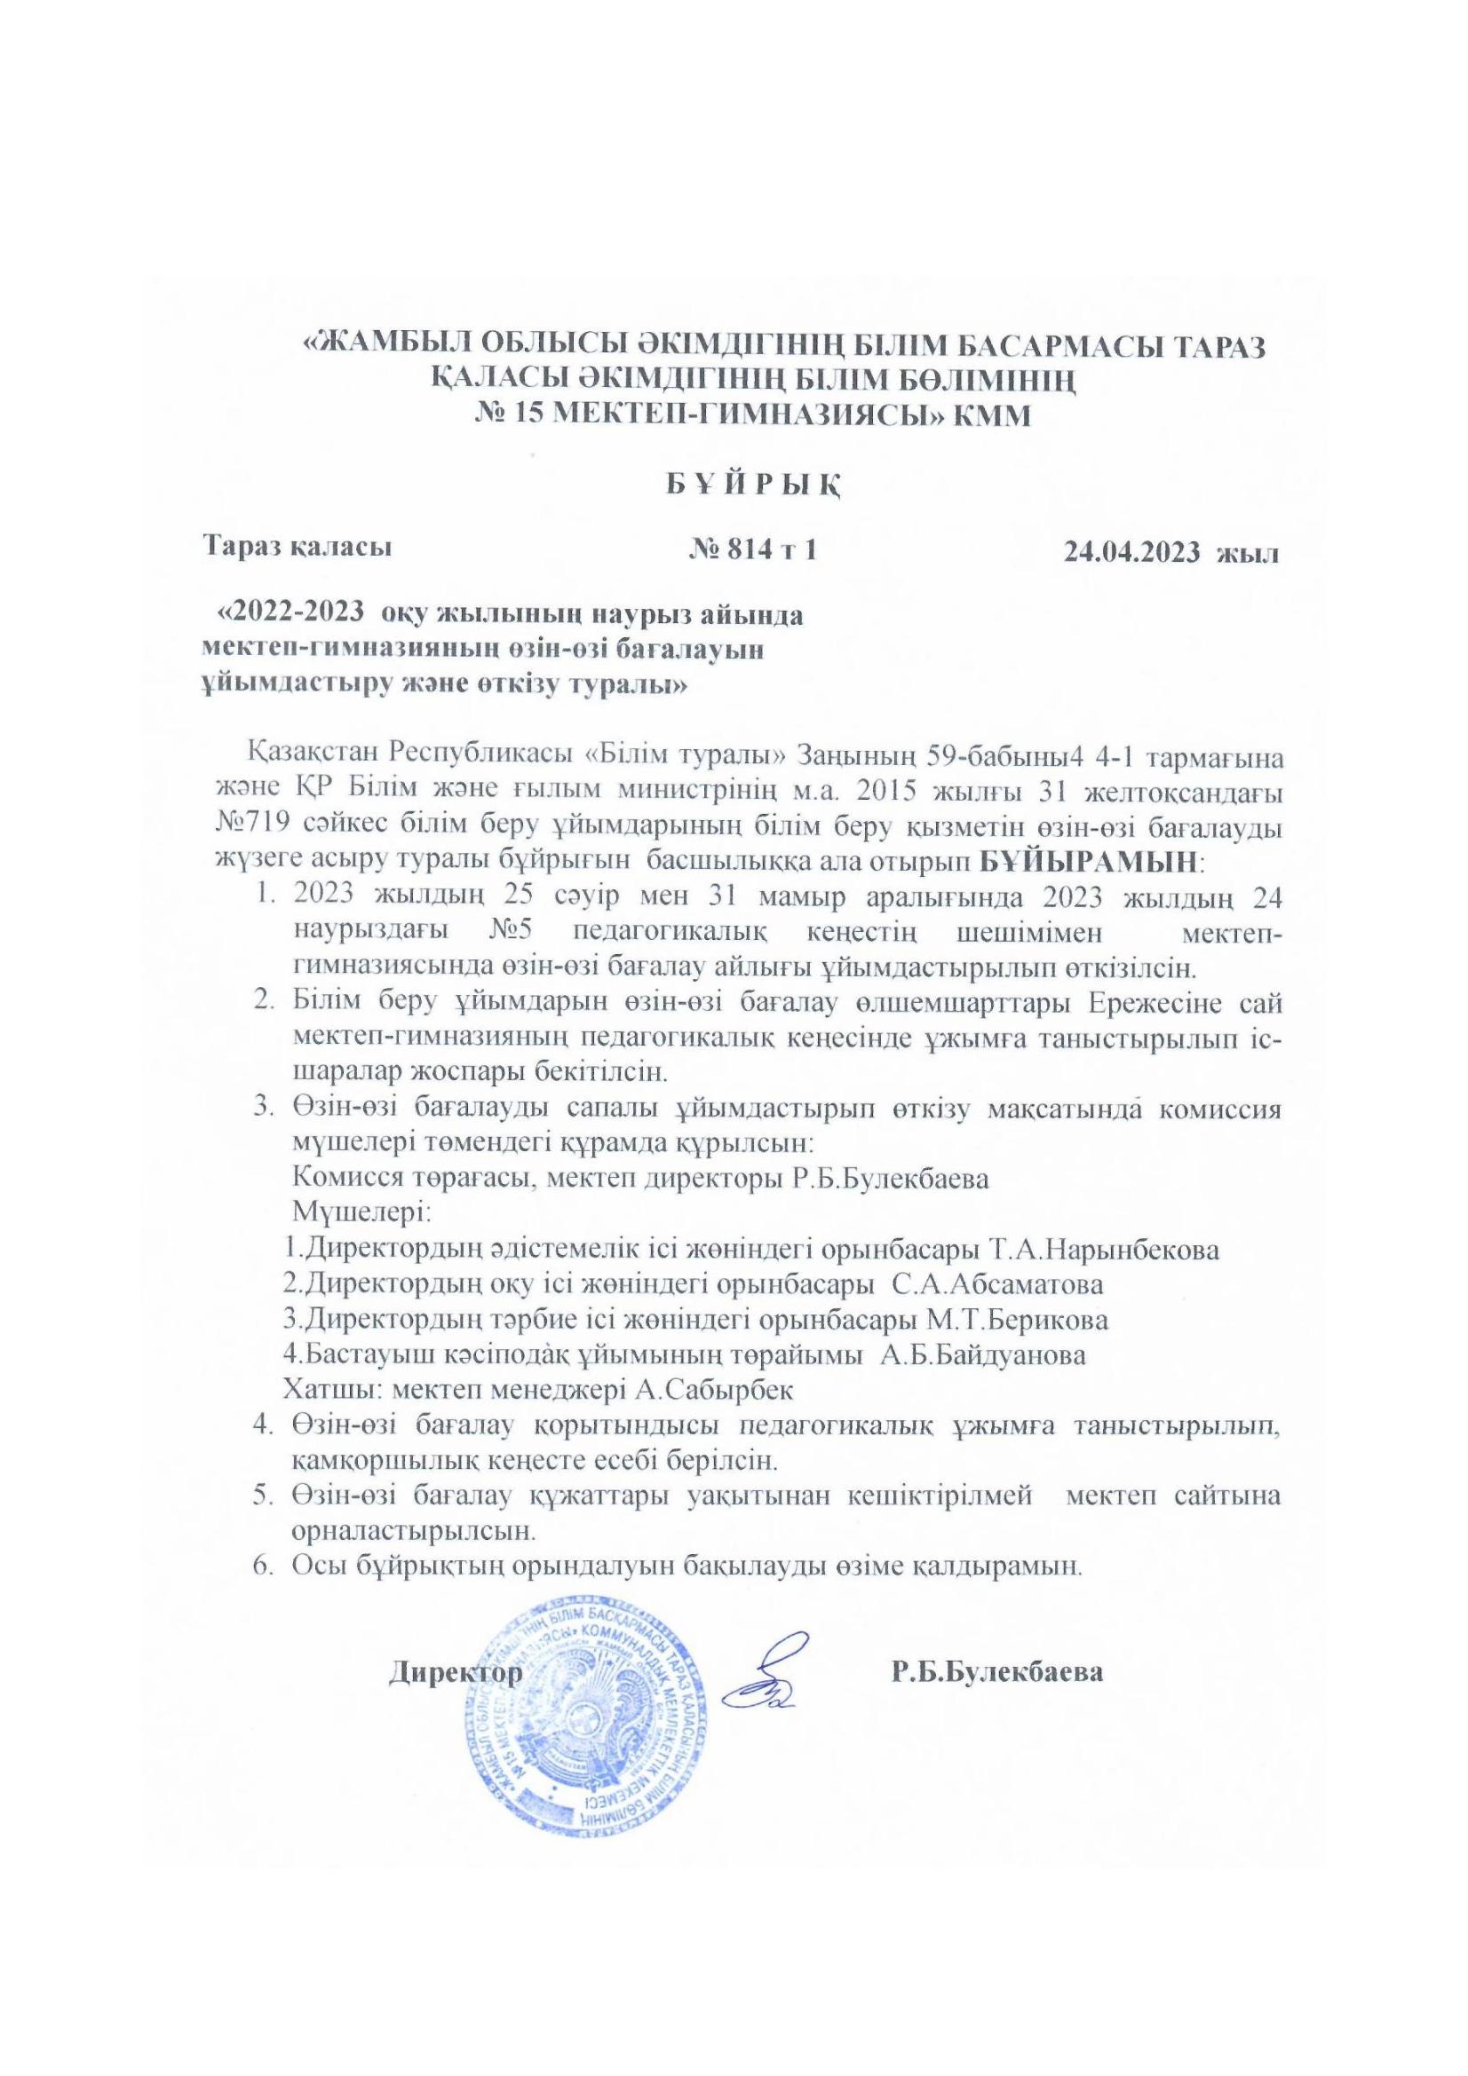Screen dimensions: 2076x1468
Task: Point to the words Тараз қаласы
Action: click(x=298, y=547)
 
